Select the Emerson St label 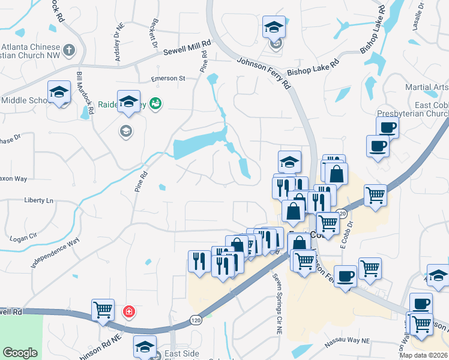click(168, 79)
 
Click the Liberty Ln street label click(38, 200)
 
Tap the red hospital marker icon click(128, 311)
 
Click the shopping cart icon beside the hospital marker click(103, 310)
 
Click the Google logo click(20, 353)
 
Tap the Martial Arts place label click(427, 88)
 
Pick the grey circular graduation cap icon click(125, 131)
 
